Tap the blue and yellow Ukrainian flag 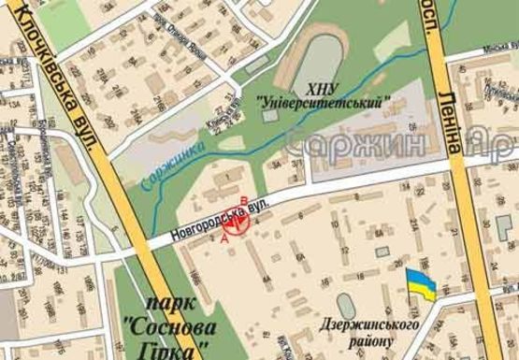(x=420, y=284)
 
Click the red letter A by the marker (x=223, y=238)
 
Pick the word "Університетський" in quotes (x=323, y=102)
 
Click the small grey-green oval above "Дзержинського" (x=346, y=304)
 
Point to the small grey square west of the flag (x=380, y=250)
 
